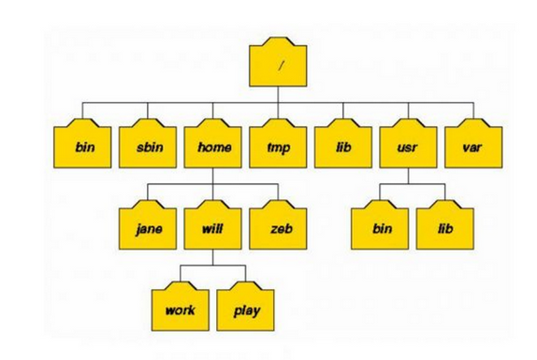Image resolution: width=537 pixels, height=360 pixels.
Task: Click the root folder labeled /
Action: point(278,63)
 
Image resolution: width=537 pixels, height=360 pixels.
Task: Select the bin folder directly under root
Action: point(82,144)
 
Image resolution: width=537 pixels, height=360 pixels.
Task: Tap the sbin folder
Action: point(148,144)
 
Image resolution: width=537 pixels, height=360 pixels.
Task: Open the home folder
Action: point(212,144)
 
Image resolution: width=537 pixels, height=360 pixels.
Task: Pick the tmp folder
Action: point(278,144)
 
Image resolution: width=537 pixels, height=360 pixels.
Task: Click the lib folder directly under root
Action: point(343,144)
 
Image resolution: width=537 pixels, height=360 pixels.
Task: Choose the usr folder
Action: point(408,144)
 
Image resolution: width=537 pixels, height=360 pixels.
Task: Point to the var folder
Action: point(473,144)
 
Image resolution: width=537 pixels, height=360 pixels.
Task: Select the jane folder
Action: point(148,225)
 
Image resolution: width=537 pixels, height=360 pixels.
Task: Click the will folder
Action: point(212,225)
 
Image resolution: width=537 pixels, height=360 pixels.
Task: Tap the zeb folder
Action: point(278,225)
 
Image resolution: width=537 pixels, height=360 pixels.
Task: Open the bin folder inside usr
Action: point(380,225)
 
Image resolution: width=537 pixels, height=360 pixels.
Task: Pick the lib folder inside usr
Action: point(445,225)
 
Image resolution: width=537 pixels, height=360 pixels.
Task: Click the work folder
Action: point(181,307)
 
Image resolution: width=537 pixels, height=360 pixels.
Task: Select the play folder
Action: point(245,307)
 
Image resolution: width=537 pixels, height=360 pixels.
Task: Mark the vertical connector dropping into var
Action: point(473,110)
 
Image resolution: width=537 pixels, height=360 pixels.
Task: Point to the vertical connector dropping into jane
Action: point(148,192)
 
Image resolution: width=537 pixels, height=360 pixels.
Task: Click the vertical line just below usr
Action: point(408,176)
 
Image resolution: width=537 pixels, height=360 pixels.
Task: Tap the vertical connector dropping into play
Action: point(245,273)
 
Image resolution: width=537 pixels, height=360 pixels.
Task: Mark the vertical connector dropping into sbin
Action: point(148,110)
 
